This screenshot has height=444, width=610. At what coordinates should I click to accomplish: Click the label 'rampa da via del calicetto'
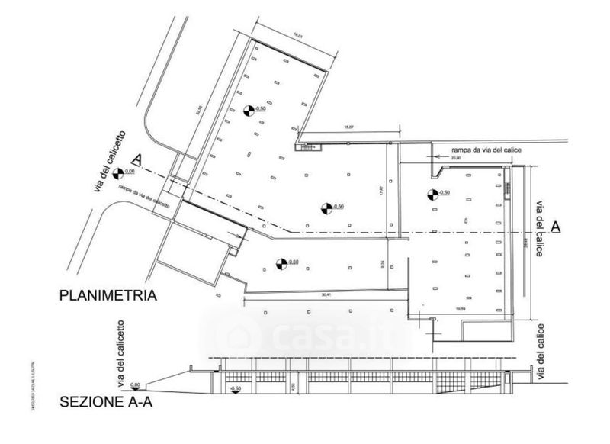(144, 195)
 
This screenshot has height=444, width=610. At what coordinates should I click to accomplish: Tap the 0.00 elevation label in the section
(136, 384)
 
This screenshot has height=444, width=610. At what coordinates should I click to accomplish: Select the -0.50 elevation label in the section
(236, 390)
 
